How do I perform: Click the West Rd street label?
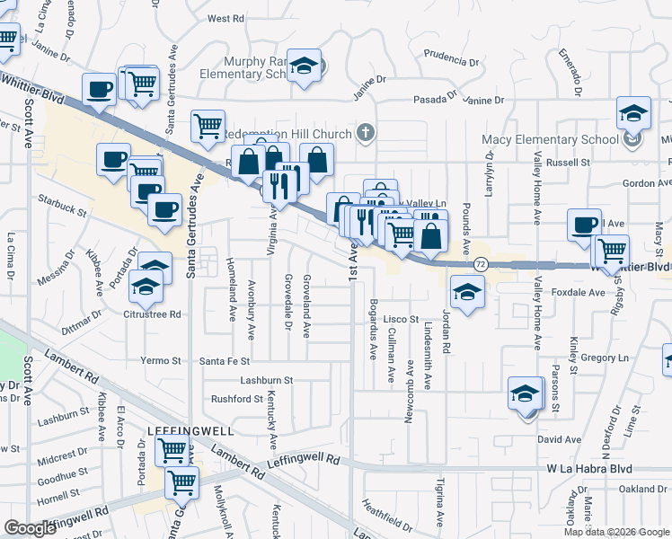tap(225, 18)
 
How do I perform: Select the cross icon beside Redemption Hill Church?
tap(364, 134)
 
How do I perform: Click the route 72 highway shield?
tap(482, 264)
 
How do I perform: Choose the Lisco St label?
tap(402, 319)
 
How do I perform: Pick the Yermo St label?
tap(162, 361)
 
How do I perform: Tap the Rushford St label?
tap(236, 399)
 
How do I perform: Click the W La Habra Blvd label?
tap(589, 469)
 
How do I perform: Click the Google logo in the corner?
tap(31, 528)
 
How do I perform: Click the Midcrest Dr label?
tap(62, 460)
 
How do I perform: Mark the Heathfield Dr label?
tap(388, 512)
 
